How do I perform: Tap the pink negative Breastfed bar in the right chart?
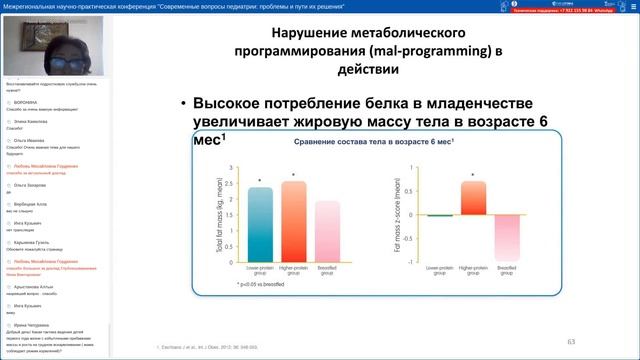[x=507, y=237]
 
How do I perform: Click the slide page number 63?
[x=572, y=341]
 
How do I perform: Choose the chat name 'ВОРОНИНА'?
[x=27, y=102]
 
